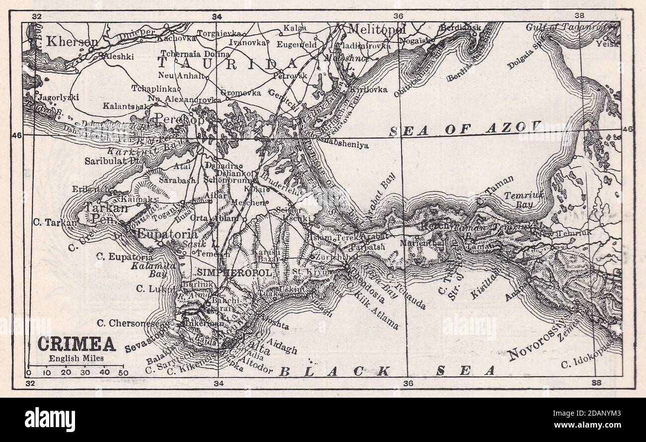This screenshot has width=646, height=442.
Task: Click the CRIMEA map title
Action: click(x=77, y=344)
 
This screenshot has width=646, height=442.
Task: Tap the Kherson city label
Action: click(x=71, y=42)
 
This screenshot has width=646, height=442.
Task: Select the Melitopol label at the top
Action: click(x=376, y=29)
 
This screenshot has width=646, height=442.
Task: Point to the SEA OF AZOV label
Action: click(x=464, y=129)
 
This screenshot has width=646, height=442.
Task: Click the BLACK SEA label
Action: click(x=387, y=371)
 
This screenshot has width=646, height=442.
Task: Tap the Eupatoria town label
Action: click(x=166, y=233)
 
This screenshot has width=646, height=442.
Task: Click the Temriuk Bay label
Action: click(x=521, y=200)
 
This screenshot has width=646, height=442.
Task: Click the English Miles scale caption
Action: click(x=72, y=357)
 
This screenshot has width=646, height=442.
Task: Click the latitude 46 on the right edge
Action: click(x=627, y=129)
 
